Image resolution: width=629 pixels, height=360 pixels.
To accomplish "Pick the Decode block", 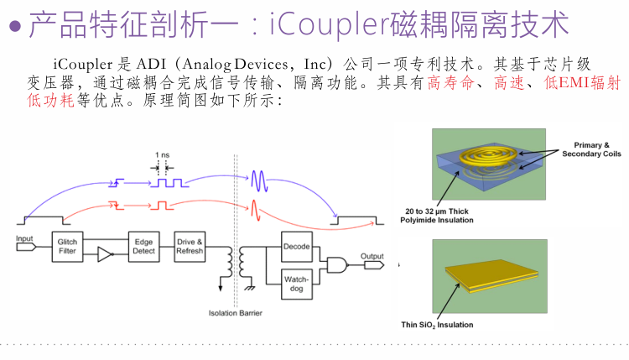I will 296,247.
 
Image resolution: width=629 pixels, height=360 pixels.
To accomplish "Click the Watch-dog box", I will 296,283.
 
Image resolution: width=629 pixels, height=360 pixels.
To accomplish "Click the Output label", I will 372,256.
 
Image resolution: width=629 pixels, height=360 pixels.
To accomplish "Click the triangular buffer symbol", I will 105,254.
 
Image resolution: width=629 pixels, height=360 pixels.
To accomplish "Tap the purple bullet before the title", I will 14,28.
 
